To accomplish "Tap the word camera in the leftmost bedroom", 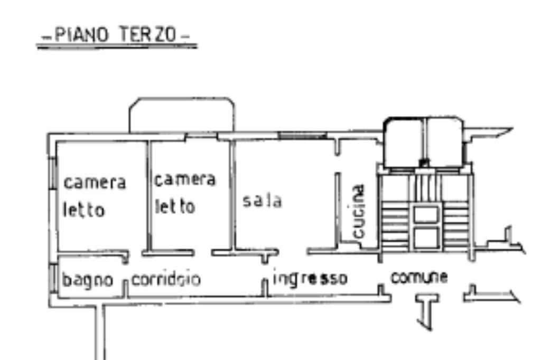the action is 95,183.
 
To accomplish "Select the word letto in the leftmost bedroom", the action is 84,210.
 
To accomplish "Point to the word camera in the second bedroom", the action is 184,179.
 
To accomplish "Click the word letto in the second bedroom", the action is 175,206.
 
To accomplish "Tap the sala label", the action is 263,201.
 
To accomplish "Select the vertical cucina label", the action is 359,211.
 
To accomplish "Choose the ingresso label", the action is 310,278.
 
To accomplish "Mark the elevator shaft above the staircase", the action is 424,141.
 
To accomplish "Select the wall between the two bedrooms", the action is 149,195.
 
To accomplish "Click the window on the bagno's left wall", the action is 53,278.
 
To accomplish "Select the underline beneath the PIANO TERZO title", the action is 116,47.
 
